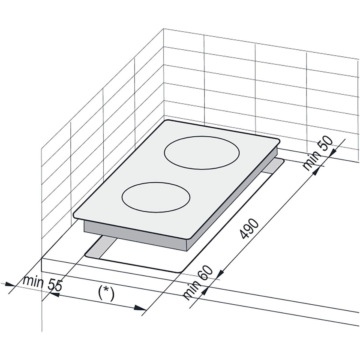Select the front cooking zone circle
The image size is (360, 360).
(156, 197)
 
